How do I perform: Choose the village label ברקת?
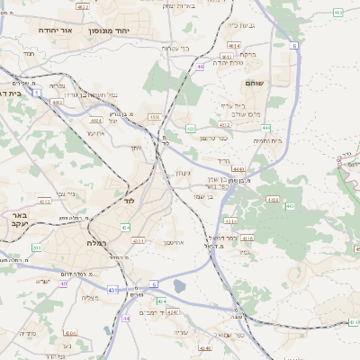[x=247, y=54]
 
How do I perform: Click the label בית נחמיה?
[x=268, y=140]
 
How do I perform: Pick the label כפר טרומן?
[x=213, y=137]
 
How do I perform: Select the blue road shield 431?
[x=112, y=289]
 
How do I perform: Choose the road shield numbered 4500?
[x=154, y=117]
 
